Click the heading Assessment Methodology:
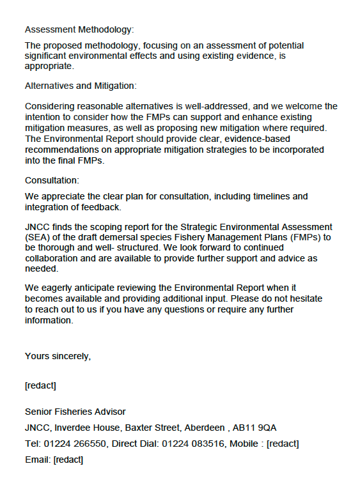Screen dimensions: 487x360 click(79, 29)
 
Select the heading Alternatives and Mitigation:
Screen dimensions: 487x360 click(81, 86)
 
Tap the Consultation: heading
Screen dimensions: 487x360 click(52, 180)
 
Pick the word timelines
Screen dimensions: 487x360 click(254, 196)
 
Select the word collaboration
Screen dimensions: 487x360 click(53, 258)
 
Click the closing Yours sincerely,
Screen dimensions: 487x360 click(58, 356)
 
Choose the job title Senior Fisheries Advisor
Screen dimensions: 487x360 click(75, 412)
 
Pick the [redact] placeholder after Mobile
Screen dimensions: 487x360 click(283, 444)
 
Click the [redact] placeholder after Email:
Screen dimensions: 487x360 click(68, 460)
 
